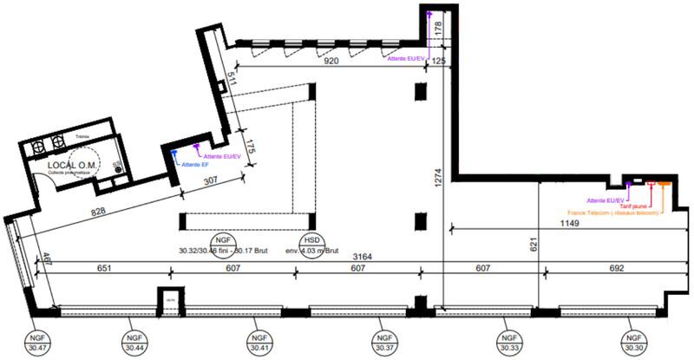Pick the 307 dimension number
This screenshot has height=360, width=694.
click(x=209, y=180)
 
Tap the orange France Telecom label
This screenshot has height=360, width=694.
click(x=612, y=213)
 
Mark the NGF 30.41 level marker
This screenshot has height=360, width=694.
click(x=257, y=341)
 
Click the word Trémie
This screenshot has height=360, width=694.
click(x=82, y=137)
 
